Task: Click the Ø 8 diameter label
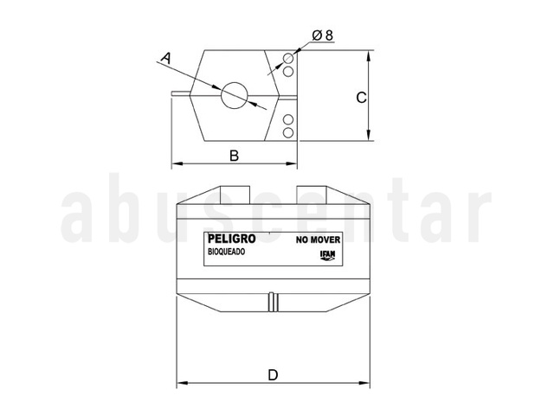tap(323, 35)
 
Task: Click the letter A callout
tap(165, 58)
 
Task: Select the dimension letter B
tap(234, 156)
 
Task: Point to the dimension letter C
tap(361, 98)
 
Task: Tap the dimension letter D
tap(274, 374)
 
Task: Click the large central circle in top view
tap(234, 95)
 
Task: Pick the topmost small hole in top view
tap(288, 58)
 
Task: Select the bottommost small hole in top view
tap(288, 133)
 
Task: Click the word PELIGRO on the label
tap(231, 239)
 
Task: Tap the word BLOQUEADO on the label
tap(226, 252)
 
